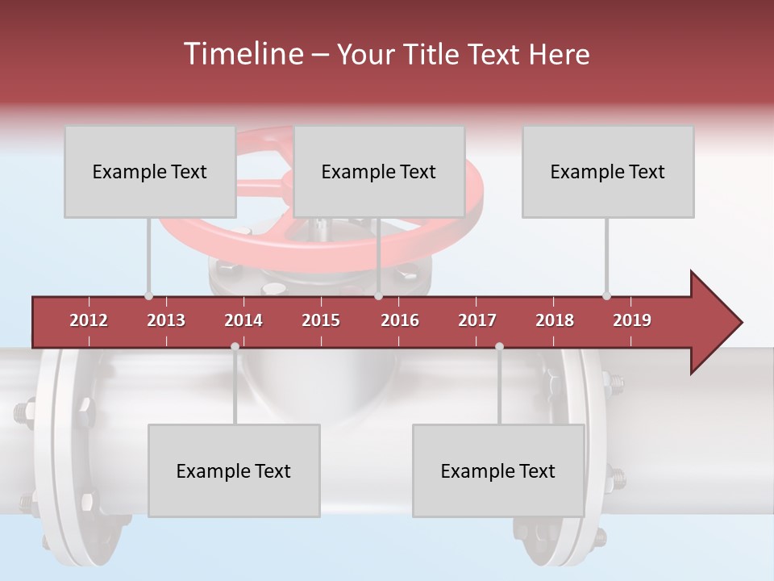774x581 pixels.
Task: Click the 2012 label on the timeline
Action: [89, 320]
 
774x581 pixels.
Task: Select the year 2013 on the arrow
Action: [166, 320]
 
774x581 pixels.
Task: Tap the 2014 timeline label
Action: [243, 320]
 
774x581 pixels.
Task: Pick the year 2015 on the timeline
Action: [321, 320]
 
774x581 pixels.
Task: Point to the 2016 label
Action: [400, 320]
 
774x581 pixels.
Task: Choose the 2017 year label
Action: [477, 320]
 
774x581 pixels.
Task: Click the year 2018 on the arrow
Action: [555, 320]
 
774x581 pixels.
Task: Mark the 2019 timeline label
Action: [632, 320]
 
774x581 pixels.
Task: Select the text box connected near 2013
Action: [150, 172]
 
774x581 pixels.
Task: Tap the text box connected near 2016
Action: [379, 172]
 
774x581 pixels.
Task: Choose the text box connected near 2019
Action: [608, 172]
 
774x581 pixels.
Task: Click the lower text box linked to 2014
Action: [234, 471]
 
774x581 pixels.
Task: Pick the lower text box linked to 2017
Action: [498, 471]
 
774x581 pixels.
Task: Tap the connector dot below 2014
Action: [235, 347]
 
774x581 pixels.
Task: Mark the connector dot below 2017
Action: [499, 347]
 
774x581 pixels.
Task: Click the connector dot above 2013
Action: [148, 295]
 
